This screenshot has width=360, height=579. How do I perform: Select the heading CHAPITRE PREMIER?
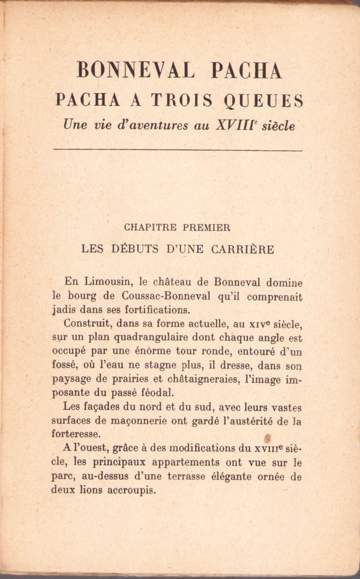[177, 227]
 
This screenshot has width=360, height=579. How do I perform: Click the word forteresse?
[76, 434]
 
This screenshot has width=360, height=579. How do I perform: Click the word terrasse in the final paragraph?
[186, 477]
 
